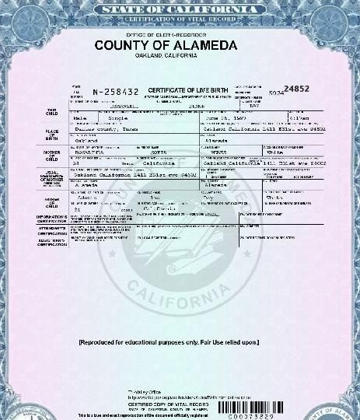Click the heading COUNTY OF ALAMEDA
(166, 46)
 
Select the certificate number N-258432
(116, 92)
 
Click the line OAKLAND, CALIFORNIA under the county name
(166, 56)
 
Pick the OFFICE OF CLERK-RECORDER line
(166, 35)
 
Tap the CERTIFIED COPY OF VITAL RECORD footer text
(158, 404)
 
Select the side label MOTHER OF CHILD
(52, 155)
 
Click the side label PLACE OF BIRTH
(52, 137)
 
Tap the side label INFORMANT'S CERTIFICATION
(51, 219)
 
